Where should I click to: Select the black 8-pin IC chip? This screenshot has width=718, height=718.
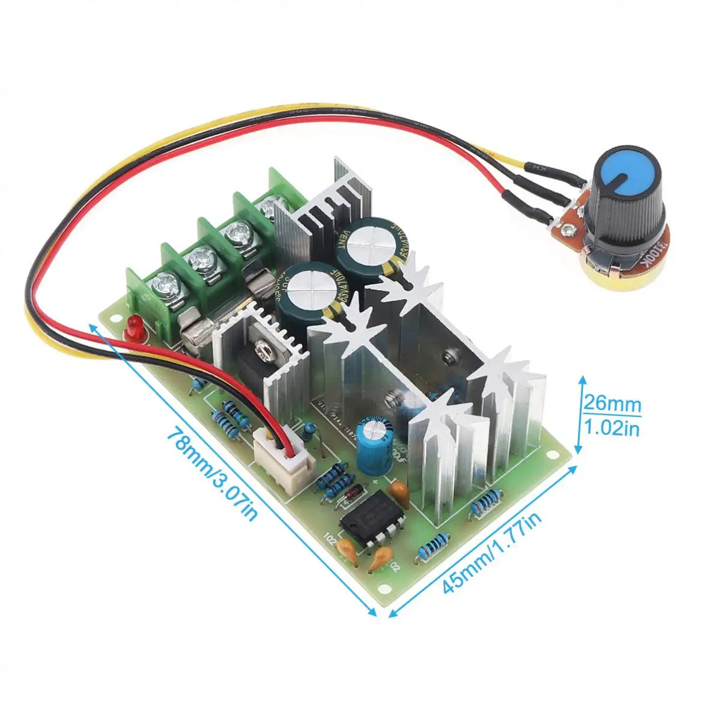(371, 519)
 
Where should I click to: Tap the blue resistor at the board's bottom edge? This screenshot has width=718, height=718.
(429, 548)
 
